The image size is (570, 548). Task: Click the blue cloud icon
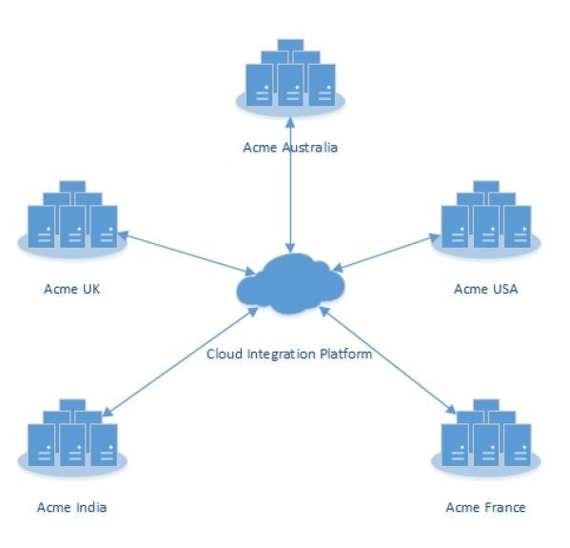(290, 284)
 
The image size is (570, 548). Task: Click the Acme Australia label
(290, 148)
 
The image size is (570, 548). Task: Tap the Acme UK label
(72, 289)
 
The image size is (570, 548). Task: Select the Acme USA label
(485, 289)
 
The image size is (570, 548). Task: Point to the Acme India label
(72, 507)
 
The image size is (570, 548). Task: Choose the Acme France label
(485, 507)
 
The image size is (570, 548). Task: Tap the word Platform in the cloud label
(345, 354)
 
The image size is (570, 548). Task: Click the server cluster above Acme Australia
(290, 77)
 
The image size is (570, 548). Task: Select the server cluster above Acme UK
(72, 219)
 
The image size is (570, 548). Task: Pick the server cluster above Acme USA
(486, 219)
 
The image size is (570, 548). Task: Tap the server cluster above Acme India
(72, 437)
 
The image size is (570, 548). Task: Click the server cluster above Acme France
(486, 437)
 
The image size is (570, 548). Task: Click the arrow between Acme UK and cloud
(187, 253)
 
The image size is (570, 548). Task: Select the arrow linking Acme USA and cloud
(386, 254)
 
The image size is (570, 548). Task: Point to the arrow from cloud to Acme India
(181, 361)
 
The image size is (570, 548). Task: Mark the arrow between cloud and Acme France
(388, 360)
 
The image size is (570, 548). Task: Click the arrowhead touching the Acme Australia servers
(290, 122)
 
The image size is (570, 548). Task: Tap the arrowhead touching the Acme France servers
(451, 410)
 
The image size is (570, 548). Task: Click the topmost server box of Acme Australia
(290, 45)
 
